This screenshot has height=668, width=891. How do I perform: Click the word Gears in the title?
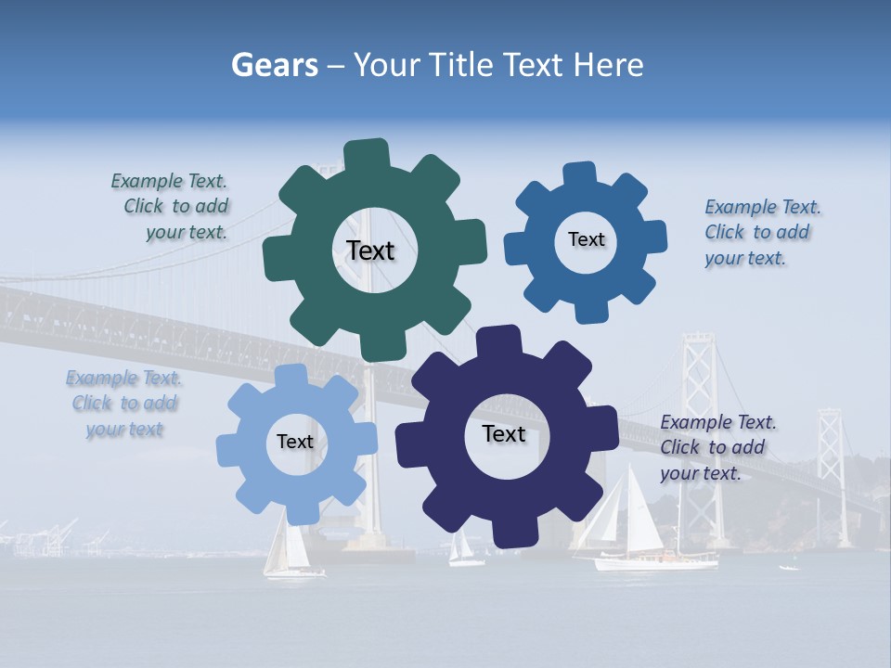(274, 65)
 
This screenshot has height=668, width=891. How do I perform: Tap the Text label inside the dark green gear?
(370, 250)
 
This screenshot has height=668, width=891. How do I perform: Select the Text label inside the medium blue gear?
(586, 239)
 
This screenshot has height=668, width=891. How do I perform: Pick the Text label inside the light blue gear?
(294, 442)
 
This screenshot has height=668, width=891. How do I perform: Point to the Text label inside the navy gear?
(503, 433)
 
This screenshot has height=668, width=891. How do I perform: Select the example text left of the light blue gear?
(124, 404)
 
